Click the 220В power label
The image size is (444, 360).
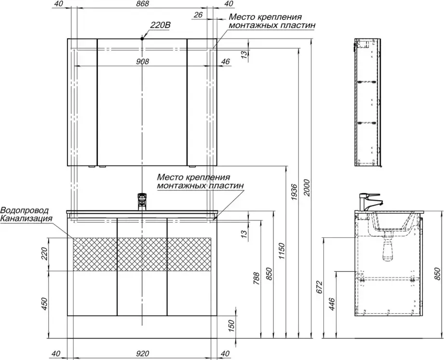tap(160, 25)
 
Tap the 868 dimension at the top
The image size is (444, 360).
tap(142, 4)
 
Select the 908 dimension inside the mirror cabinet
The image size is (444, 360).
tap(142, 61)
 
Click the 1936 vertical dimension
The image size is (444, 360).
tap(295, 193)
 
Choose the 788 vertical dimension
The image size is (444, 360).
tap(256, 278)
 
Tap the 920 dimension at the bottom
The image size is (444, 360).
tap(142, 354)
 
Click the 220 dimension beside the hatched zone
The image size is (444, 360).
tap(45, 253)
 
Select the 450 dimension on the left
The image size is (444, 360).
tap(45, 304)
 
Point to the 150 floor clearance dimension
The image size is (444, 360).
tap(231, 326)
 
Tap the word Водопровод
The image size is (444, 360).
tap(25, 210)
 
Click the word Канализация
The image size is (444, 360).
tap(27, 219)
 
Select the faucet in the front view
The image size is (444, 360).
tap(142, 202)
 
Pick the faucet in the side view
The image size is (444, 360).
tap(371, 202)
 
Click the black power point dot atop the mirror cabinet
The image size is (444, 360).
tap(142, 38)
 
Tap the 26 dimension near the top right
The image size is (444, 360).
tap(199, 14)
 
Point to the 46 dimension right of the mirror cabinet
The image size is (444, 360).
tap(225, 61)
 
